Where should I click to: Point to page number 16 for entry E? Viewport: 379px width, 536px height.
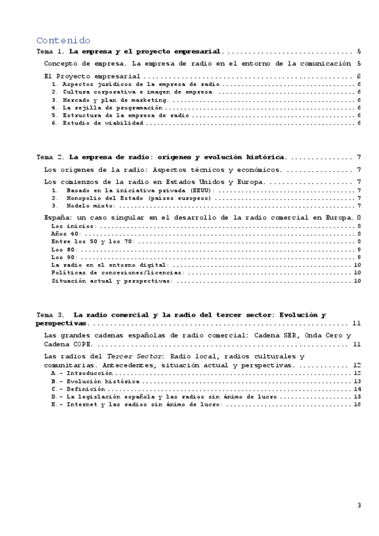tap(357, 405)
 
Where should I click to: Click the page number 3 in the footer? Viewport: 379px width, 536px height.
tap(359, 504)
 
